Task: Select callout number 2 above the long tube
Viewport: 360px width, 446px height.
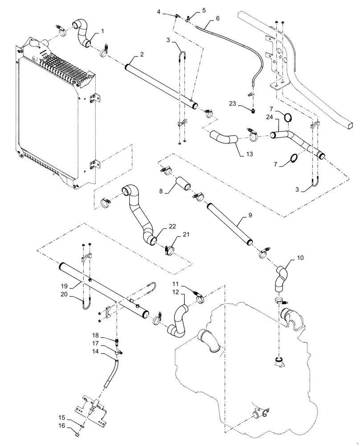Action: [x=141, y=54]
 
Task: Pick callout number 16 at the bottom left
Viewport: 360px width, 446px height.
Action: [x=61, y=426]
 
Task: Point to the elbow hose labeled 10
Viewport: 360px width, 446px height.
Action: [x=280, y=277]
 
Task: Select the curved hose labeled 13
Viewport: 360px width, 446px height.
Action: [x=221, y=136]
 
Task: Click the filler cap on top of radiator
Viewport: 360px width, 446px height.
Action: [x=34, y=45]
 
